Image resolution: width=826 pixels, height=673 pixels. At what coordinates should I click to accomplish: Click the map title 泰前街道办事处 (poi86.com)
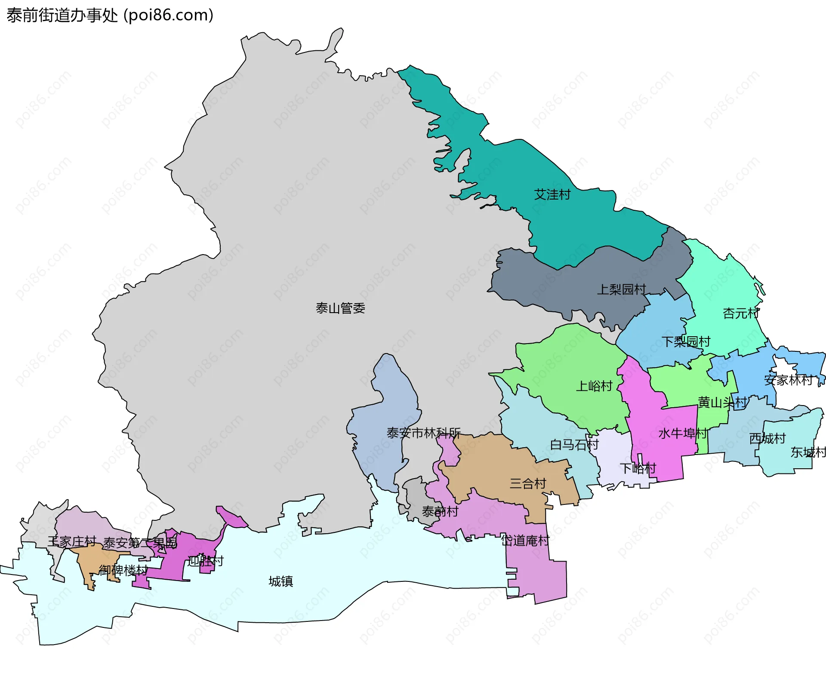coord(110,15)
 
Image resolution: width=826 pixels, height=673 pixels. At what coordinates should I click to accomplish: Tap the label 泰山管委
coord(340,308)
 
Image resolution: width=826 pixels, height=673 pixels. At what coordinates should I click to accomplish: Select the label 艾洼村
coord(552,195)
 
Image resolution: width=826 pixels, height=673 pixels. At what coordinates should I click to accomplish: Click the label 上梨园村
coord(621,289)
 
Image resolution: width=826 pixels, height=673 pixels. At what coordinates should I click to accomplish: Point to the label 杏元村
coord(741,313)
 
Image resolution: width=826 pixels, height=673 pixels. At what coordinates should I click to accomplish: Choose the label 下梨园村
coord(686,342)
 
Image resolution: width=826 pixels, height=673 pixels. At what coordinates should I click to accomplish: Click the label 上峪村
coord(594,386)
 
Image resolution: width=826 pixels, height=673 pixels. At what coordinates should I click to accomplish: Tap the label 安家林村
coord(788,380)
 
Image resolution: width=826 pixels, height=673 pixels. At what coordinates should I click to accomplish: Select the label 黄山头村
coord(722,403)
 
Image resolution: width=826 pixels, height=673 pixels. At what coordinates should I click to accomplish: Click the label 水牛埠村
coord(683,433)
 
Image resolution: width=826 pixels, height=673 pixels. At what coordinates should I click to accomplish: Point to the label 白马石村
coord(574,445)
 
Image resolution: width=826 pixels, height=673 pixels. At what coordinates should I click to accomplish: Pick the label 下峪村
coord(638,468)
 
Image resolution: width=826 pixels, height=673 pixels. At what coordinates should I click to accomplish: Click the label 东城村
coord(808,452)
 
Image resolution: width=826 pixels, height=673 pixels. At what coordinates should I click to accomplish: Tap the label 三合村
coord(528,484)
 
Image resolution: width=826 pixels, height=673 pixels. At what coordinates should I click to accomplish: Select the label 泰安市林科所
coord(423,433)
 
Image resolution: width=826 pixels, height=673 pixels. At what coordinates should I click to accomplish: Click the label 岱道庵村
coord(525,541)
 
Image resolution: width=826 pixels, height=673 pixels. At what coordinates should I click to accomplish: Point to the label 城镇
coord(280,581)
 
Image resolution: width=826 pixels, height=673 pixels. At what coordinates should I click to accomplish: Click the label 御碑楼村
coord(123,570)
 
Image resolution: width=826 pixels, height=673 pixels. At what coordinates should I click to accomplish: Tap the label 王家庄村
coord(72,541)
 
